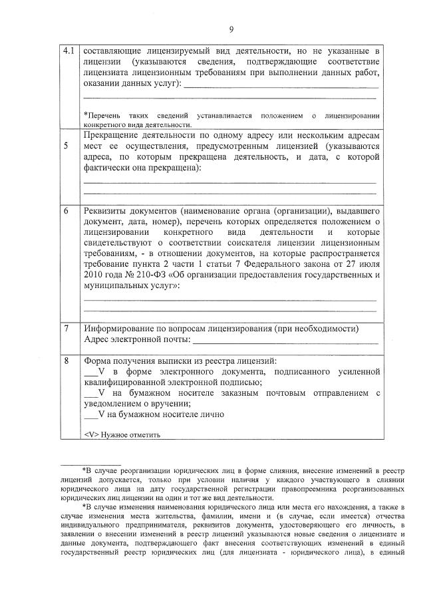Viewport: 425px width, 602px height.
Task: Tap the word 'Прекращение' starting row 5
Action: pyautogui.click(x=114, y=135)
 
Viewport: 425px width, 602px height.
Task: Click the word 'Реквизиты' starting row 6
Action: pyautogui.click(x=108, y=211)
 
